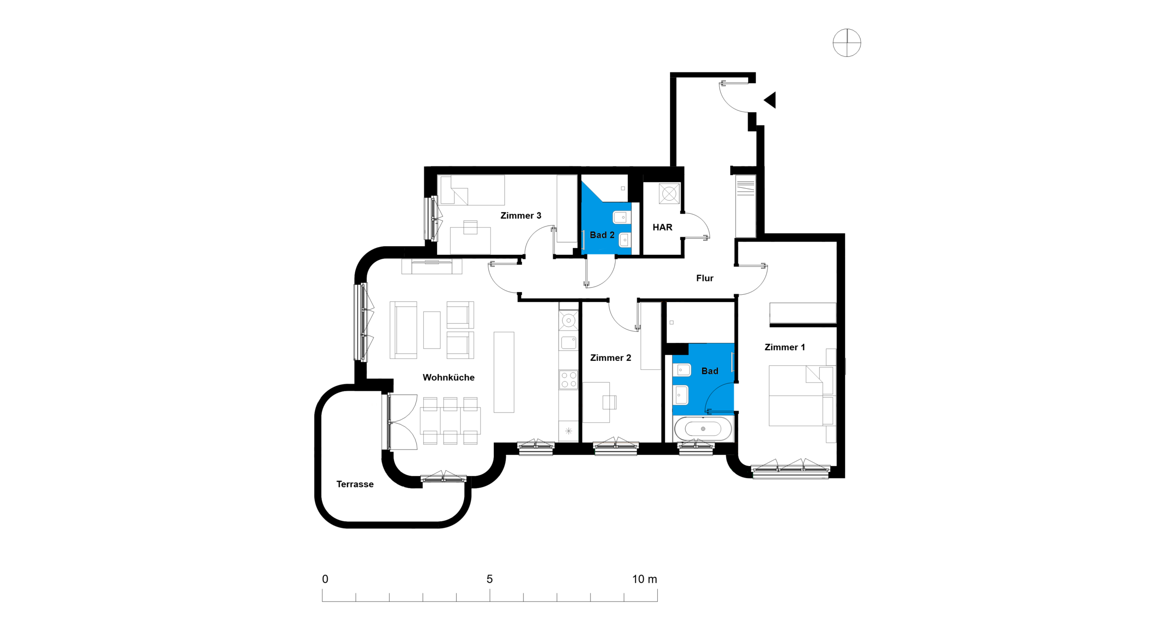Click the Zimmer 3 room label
tap(520, 215)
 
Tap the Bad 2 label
tap(602, 235)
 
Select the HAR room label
tap(662, 227)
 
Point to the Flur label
tap(705, 278)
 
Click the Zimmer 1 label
tap(784, 347)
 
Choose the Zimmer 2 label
tap(610, 358)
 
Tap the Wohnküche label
tap(448, 377)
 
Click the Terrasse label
tap(355, 484)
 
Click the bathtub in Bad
tap(703, 429)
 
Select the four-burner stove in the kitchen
tap(569, 380)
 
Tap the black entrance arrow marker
tap(770, 100)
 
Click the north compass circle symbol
tap(847, 43)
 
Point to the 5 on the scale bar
tap(490, 579)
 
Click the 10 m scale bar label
tap(644, 579)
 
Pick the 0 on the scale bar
tap(325, 579)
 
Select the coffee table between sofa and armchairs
tap(431, 330)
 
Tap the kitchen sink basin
tap(569, 342)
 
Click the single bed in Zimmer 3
tap(472, 190)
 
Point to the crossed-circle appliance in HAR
tap(669, 194)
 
